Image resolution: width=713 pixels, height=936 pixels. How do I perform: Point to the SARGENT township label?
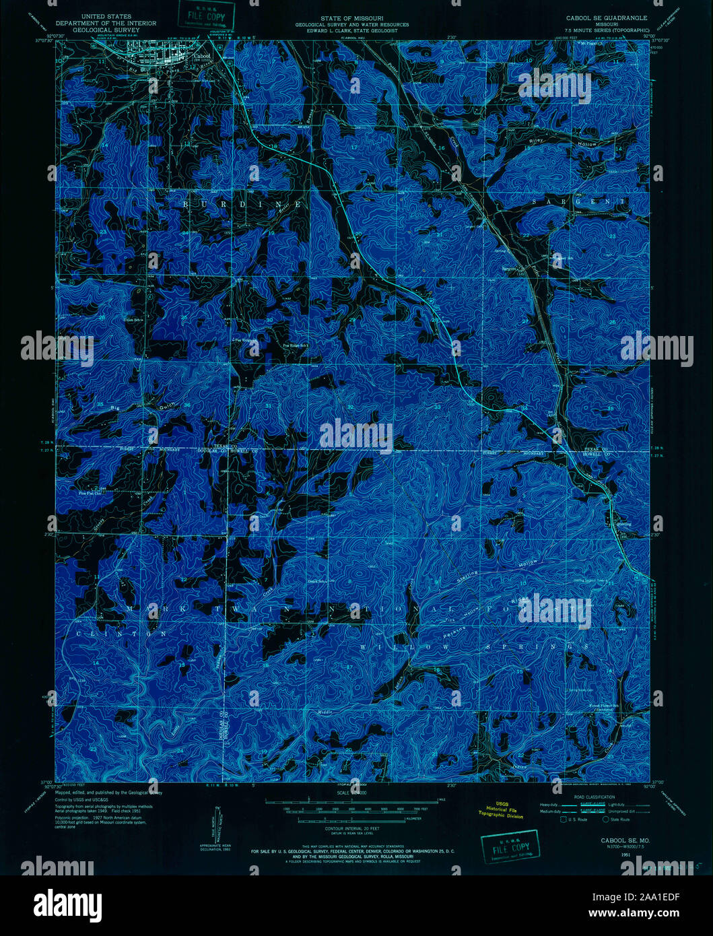[578, 201]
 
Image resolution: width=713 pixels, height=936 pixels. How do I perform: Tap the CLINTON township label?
[121, 634]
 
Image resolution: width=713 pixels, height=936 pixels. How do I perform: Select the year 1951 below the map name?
[626, 854]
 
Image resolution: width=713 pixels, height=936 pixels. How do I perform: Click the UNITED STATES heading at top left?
[106, 16]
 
